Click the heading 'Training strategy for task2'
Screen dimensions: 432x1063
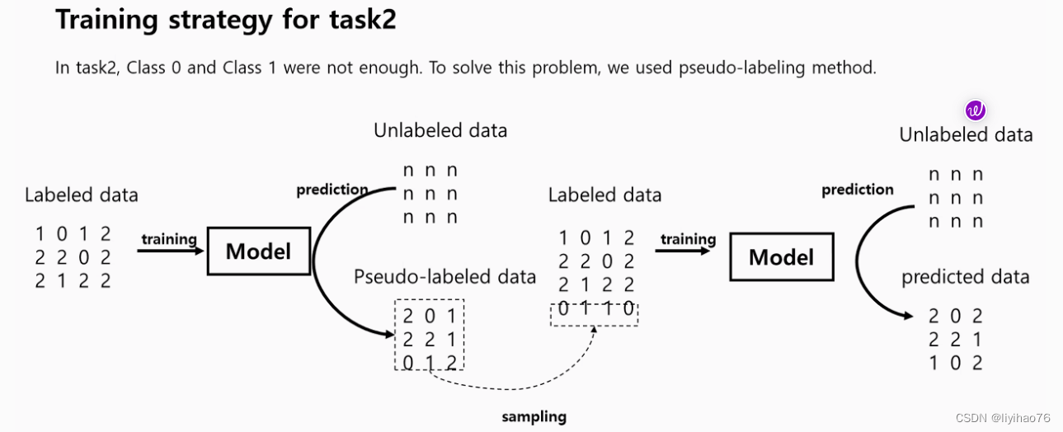pyautogui.click(x=225, y=21)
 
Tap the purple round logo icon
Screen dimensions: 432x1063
pyautogui.click(x=976, y=110)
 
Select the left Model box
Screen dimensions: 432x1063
pyautogui.click(x=258, y=251)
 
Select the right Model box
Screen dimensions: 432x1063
pyautogui.click(x=781, y=257)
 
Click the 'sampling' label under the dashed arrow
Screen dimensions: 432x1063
pyautogui.click(x=534, y=416)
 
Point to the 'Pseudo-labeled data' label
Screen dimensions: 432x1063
pyautogui.click(x=444, y=276)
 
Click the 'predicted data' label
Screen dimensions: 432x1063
pyautogui.click(x=965, y=277)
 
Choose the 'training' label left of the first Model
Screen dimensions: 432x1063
pyautogui.click(x=169, y=239)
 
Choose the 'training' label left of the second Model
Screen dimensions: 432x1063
pyautogui.click(x=688, y=239)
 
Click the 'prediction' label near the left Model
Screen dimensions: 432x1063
pyautogui.click(x=332, y=190)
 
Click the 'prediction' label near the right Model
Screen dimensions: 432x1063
pyautogui.click(x=857, y=190)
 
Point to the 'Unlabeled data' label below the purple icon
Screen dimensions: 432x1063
pyautogui.click(x=966, y=134)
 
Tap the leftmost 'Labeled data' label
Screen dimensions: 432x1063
pyautogui.click(x=81, y=195)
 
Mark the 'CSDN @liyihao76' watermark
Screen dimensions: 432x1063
pyautogui.click(x=1003, y=418)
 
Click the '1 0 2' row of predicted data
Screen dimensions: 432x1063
pyautogui.click(x=955, y=363)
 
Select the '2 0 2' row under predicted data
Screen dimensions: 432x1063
pyautogui.click(x=955, y=317)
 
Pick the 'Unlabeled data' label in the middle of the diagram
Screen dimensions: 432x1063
pyautogui.click(x=440, y=130)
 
